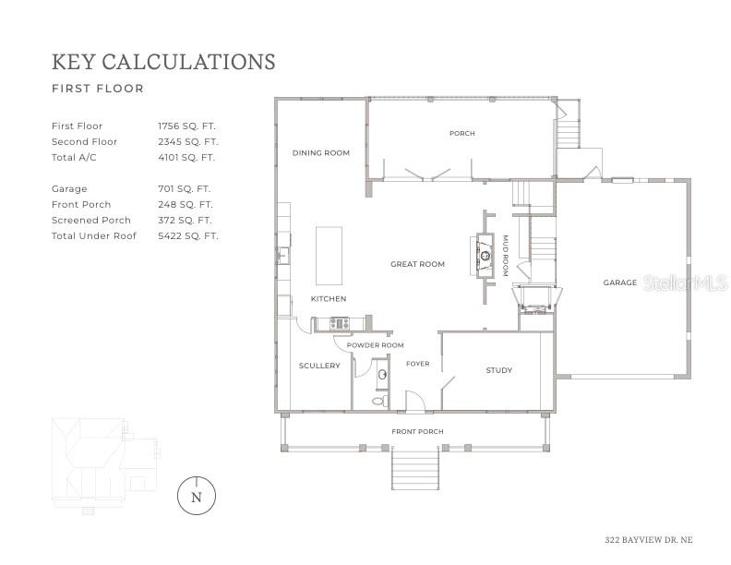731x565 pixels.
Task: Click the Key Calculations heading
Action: [x=163, y=62]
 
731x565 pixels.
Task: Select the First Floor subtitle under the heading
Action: [x=98, y=90]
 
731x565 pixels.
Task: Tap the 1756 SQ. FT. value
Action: [x=187, y=126]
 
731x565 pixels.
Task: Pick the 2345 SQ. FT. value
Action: [x=187, y=141]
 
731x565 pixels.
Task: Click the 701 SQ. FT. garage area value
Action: [x=185, y=188]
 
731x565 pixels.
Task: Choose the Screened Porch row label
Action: [x=91, y=220]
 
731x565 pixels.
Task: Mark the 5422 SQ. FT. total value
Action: [x=187, y=235]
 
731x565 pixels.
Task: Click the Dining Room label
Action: [x=320, y=152]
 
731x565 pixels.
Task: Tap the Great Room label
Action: [x=417, y=264]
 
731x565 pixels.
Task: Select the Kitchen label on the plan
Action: [x=328, y=299]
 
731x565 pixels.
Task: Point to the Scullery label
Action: [x=319, y=366]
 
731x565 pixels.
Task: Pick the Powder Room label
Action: [x=375, y=345]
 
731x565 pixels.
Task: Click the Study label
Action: [x=498, y=370]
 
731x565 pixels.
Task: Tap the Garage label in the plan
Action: [x=620, y=282]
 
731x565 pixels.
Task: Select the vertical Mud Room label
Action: [x=505, y=256]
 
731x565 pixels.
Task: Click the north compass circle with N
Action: [x=196, y=496]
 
